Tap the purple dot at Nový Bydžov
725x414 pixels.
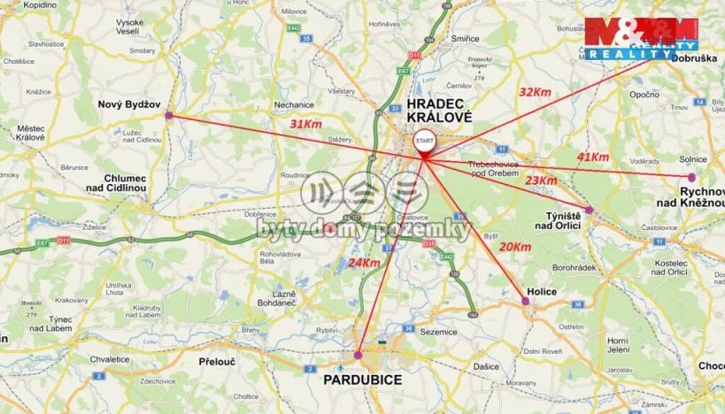168,115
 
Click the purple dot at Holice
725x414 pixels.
526,302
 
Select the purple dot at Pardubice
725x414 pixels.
358,356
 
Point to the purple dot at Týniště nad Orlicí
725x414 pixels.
590,210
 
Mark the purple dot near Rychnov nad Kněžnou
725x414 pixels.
692,177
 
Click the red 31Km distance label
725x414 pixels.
306,125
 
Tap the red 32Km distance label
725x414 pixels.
535,91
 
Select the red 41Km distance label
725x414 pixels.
593,157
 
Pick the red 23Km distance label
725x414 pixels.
541,180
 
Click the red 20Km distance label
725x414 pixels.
515,247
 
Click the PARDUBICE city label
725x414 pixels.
361,379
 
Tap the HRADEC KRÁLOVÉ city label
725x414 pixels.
439,110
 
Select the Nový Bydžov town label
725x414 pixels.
128,103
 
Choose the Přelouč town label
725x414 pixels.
216,361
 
